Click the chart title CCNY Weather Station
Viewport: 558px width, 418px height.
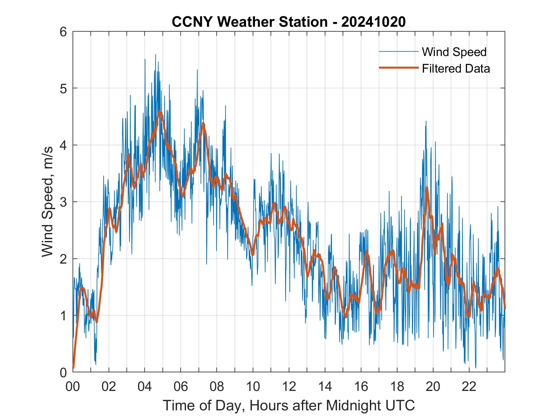pyautogui.click(x=249, y=22)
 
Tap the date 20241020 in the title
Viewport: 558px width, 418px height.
pyautogui.click(x=373, y=22)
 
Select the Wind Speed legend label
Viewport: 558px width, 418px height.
pyautogui.click(x=454, y=52)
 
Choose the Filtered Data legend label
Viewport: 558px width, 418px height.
pyautogui.click(x=456, y=68)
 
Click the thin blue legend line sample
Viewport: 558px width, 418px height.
pyautogui.click(x=398, y=52)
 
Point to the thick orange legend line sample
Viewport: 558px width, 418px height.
pyautogui.click(x=398, y=68)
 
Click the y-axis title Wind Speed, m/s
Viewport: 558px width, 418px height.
pyautogui.click(x=48, y=202)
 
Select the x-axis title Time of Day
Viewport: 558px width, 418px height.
pyautogui.click(x=289, y=405)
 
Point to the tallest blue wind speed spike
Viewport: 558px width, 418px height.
pyautogui.click(x=156, y=55)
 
